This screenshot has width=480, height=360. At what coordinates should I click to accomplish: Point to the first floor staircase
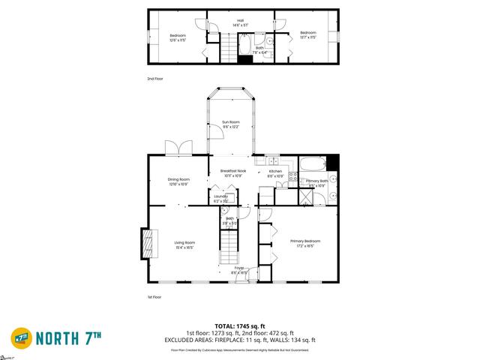[229, 247]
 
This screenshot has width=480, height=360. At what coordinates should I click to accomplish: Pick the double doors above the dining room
[178, 148]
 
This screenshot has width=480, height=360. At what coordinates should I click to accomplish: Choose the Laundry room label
[220, 198]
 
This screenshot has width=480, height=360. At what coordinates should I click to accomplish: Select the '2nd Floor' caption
[155, 78]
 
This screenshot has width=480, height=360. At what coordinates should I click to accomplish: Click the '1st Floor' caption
[155, 298]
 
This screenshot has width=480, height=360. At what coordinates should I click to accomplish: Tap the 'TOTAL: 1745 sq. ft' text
[240, 327]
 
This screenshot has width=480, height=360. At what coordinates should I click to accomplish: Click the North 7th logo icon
[21, 337]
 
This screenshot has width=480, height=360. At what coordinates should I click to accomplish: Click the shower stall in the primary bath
[306, 196]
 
